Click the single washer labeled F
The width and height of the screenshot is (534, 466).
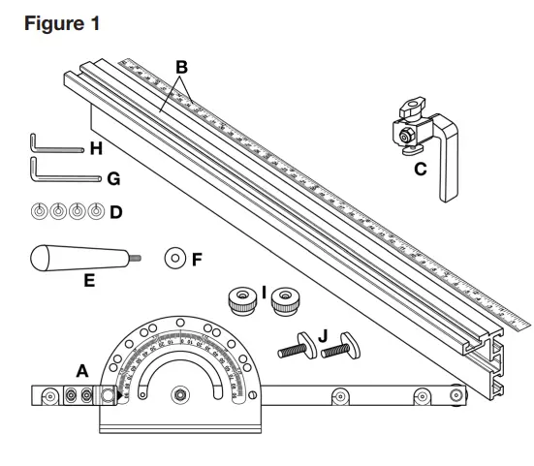(175, 259)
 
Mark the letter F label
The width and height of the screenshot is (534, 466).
(198, 259)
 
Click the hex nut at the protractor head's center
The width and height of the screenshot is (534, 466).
(179, 395)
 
